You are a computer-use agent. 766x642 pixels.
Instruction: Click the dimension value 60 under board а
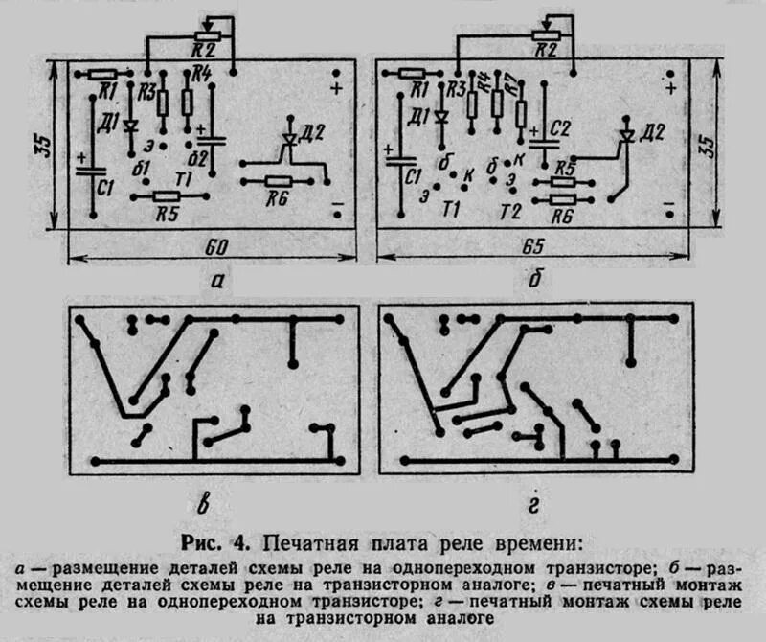pyautogui.click(x=217, y=247)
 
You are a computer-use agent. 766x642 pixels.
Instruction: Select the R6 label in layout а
pyautogui.click(x=279, y=198)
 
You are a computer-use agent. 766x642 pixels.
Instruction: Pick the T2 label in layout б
pyautogui.click(x=511, y=210)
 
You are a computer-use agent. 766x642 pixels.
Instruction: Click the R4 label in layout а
pyautogui.click(x=201, y=73)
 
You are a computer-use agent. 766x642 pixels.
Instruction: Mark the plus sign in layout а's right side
pyautogui.click(x=336, y=89)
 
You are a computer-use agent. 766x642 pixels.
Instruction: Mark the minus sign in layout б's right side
pyautogui.click(x=670, y=206)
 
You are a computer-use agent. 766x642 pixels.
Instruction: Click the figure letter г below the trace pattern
pyautogui.click(x=534, y=502)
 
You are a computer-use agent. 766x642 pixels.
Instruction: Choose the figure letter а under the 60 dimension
pyautogui.click(x=217, y=280)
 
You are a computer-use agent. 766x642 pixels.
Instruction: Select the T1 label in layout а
pyautogui.click(x=186, y=178)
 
